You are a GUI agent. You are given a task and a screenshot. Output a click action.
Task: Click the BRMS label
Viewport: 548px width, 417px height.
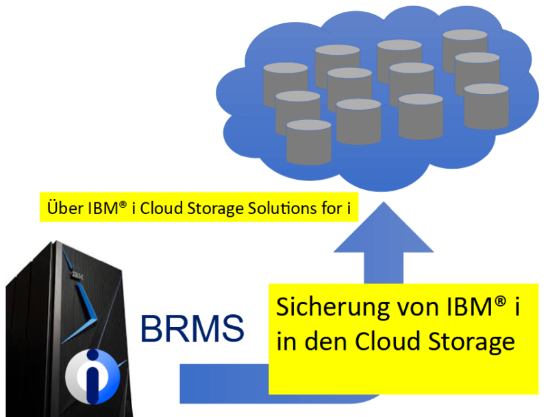click(x=192, y=329)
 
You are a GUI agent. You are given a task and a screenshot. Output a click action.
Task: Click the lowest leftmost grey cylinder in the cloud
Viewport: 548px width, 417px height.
click(x=309, y=142)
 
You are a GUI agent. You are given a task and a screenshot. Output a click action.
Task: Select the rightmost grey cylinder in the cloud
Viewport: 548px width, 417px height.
click(x=486, y=106)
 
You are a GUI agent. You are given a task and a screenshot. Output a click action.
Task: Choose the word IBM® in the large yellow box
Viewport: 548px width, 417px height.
click(x=470, y=307)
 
